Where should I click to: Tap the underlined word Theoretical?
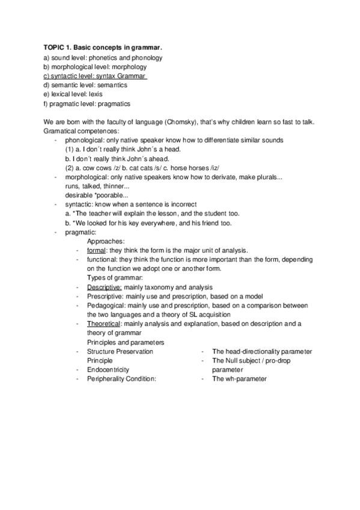104,324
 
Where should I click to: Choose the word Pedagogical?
108,306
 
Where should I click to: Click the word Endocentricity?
108,369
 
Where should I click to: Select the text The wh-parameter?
239,379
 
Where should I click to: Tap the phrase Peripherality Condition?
121,379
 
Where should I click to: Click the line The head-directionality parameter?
262,351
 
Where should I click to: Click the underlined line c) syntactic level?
95,76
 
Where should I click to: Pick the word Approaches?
106,241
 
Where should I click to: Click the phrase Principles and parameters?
126,342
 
